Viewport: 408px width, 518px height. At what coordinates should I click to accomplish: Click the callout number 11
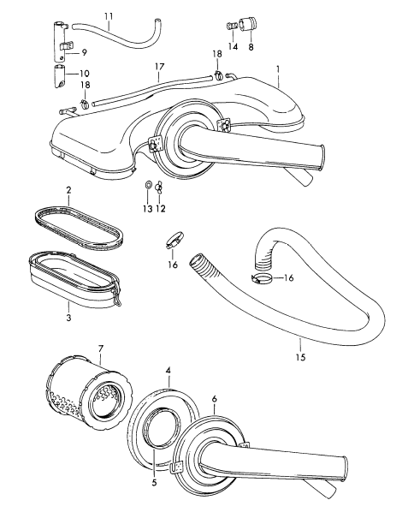tap(109, 16)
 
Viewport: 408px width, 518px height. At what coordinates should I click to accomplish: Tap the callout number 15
tap(301, 357)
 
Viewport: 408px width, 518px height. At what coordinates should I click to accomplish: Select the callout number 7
tap(101, 348)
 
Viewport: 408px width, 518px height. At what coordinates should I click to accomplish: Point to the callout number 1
tap(278, 69)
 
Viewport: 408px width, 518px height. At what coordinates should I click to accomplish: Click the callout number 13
tap(148, 209)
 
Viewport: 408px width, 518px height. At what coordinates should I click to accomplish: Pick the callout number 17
tap(159, 67)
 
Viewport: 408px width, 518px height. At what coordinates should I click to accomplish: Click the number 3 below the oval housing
tap(68, 318)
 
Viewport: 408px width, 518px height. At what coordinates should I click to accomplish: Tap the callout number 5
tap(154, 483)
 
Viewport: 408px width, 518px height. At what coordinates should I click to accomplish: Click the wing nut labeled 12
tap(159, 187)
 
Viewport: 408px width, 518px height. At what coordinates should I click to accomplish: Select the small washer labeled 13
tap(148, 185)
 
